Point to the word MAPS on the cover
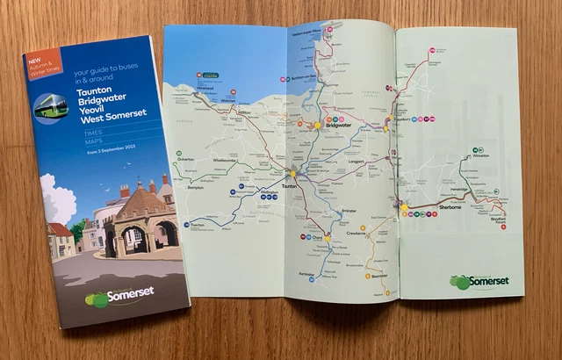[x=94, y=141]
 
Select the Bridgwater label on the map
[x=337, y=126]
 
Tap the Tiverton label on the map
[x=195, y=226]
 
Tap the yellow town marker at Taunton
[x=293, y=175]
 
